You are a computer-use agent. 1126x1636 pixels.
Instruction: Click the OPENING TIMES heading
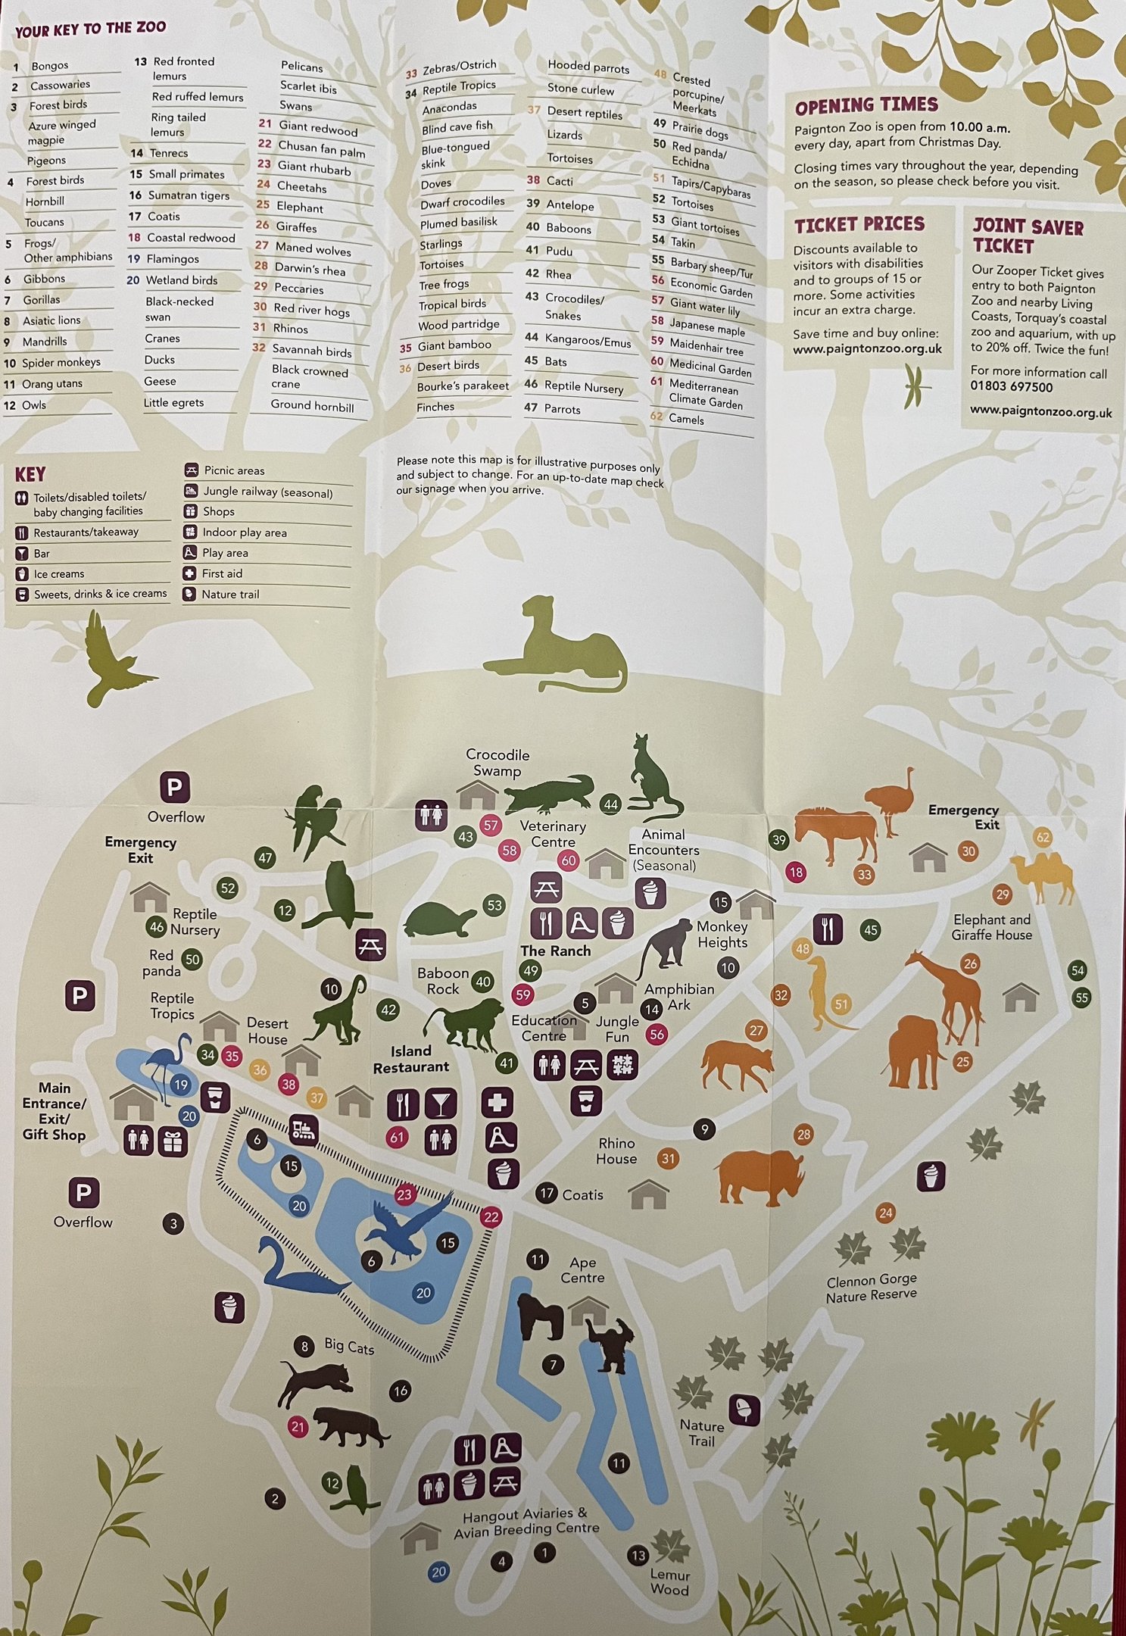(x=866, y=105)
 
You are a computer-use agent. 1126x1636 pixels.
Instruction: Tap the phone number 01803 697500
(x=1011, y=387)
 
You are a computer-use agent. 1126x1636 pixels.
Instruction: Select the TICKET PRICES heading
(x=859, y=224)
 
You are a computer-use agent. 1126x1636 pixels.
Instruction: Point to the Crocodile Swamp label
(x=497, y=763)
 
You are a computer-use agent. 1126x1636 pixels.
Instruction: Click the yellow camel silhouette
(x=1046, y=879)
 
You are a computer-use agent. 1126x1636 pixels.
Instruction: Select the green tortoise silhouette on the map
(x=440, y=919)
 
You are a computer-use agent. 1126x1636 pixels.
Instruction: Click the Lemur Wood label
(x=669, y=1581)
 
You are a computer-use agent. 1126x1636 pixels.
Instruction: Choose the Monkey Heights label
(x=722, y=935)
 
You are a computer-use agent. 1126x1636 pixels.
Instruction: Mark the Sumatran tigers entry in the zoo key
(x=179, y=195)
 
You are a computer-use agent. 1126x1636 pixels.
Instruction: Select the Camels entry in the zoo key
(x=686, y=420)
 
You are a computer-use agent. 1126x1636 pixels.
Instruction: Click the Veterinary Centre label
(x=553, y=834)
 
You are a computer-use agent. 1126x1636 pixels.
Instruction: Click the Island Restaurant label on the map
(x=410, y=1059)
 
